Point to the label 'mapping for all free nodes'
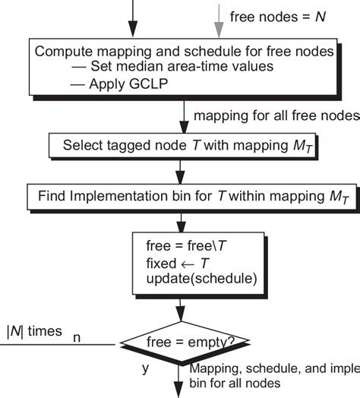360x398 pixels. click(276, 115)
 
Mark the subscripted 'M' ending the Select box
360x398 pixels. click(298, 145)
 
